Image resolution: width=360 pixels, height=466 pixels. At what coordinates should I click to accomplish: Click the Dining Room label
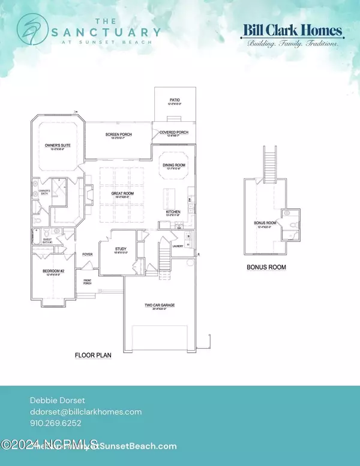pyautogui.click(x=174, y=166)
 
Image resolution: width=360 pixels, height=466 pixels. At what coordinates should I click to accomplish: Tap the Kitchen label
pyautogui.click(x=174, y=213)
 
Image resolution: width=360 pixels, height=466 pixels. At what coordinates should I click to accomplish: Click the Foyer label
pyautogui.click(x=88, y=254)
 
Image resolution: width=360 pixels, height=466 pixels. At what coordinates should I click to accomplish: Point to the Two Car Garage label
pyautogui.click(x=160, y=306)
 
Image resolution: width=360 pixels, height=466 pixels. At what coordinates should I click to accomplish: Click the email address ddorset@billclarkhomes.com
pyautogui.click(x=86, y=411)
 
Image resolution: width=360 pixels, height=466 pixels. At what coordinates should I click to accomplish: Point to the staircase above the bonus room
pyautogui.click(x=268, y=162)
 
